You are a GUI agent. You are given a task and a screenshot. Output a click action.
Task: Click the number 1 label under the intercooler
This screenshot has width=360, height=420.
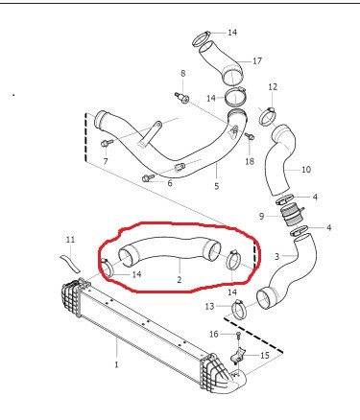[x=116, y=364]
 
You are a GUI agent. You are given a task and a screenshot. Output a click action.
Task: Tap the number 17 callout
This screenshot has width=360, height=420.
[x=257, y=60]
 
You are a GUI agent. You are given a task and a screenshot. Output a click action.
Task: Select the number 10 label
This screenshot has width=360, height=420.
[x=306, y=169]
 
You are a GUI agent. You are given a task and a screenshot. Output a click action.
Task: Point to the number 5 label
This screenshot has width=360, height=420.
[x=217, y=186]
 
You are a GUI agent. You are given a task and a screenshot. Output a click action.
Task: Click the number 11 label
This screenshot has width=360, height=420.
[x=70, y=239]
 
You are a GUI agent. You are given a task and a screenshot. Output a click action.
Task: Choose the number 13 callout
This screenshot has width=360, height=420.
[x=209, y=307]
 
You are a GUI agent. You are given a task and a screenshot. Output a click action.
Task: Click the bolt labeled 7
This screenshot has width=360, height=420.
[x=107, y=143]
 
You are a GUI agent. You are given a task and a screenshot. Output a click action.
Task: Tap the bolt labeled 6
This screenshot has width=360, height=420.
[x=149, y=177]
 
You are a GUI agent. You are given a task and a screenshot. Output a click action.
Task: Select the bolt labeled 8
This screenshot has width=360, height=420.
[x=181, y=98]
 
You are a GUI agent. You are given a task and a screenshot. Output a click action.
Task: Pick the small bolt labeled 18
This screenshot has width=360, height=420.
[x=250, y=136]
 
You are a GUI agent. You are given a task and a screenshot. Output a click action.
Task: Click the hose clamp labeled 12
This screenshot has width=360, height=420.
[x=268, y=116]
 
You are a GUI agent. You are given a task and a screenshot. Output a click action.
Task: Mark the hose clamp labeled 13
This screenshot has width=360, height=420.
[x=239, y=309]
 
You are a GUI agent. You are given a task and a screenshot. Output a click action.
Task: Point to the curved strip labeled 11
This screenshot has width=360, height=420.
[x=70, y=263]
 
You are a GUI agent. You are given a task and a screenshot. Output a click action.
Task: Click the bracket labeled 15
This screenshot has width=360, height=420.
[x=238, y=356]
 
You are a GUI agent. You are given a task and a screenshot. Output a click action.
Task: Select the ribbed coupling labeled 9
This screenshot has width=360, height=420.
[x=291, y=217]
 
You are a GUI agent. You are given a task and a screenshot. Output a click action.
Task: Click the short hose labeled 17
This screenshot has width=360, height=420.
[x=222, y=63]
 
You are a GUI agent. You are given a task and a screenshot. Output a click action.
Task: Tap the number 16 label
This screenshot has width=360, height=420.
[x=214, y=335]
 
